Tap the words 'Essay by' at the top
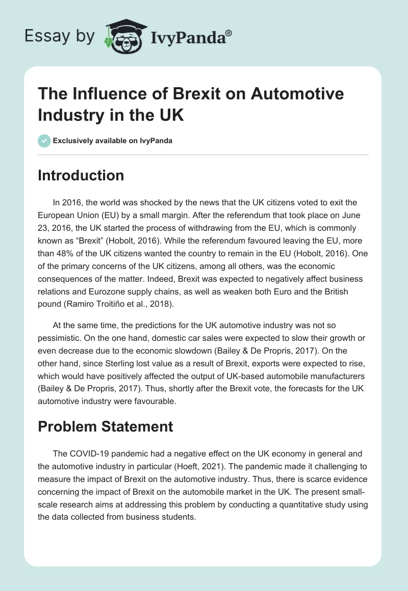point(60,36)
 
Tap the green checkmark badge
point(44,141)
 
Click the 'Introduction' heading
point(81,176)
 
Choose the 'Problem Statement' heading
point(106,426)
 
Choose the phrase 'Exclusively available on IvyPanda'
point(112,141)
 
